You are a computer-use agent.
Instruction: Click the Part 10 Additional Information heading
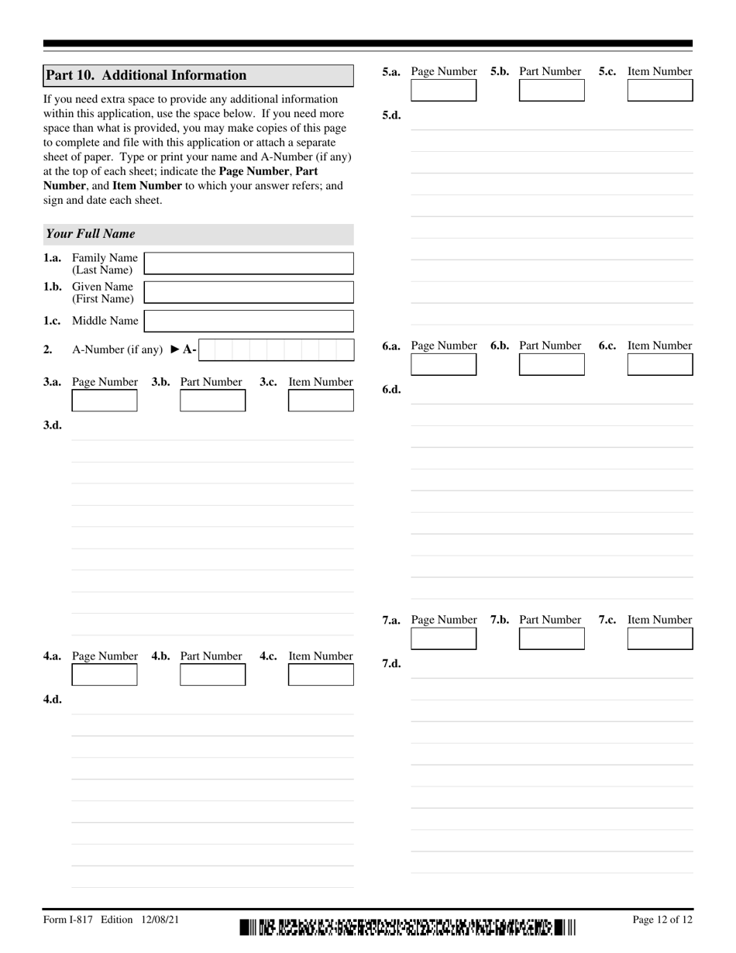[146, 75]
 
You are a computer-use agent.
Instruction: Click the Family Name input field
[249, 263]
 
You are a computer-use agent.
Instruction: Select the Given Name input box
[249, 292]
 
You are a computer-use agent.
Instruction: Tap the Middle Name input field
[249, 321]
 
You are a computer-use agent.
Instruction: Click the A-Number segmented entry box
[276, 350]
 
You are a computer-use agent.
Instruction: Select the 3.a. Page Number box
[105, 401]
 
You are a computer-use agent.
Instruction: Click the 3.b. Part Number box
[212, 401]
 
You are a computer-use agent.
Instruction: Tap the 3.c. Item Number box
[321, 401]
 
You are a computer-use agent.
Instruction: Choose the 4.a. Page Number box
[105, 675]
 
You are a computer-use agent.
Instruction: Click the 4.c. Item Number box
[321, 675]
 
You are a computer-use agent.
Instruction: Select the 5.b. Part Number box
[552, 91]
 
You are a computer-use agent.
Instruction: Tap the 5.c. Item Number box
[659, 91]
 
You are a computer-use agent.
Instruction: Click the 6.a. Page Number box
[443, 365]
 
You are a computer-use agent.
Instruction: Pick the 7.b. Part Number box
[552, 639]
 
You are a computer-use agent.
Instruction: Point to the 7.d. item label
[391, 664]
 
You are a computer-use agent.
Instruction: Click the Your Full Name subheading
[91, 234]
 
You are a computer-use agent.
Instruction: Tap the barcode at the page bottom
[408, 926]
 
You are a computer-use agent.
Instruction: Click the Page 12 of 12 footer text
[662, 920]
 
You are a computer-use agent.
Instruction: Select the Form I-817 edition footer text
[111, 920]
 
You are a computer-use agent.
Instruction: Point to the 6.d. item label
[391, 390]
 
